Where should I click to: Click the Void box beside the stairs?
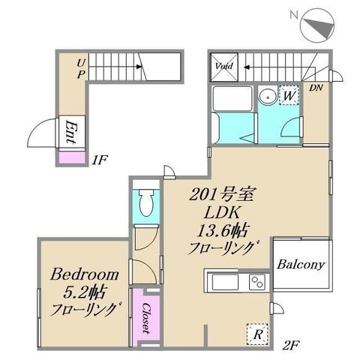pyautogui.click(x=224, y=67)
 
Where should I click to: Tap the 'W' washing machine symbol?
pyautogui.click(x=289, y=95)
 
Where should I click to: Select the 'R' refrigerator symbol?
pyautogui.click(x=257, y=334)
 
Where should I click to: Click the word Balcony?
pyautogui.click(x=301, y=265)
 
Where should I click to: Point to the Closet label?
pyautogui.click(x=146, y=318)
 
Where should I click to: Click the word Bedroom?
pyautogui.click(x=85, y=274)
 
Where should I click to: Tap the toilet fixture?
pyautogui.click(x=146, y=202)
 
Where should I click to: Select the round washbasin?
pyautogui.click(x=268, y=96)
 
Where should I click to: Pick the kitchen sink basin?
pyautogui.click(x=225, y=282)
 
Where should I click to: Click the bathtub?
pyautogui.click(x=232, y=98)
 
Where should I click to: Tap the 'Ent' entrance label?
pyautogui.click(x=71, y=132)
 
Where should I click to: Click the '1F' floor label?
pyautogui.click(x=99, y=160)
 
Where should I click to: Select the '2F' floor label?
pyautogui.click(x=291, y=346)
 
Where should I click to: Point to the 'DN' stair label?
pyautogui.click(x=316, y=88)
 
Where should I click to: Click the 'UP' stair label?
pyautogui.click(x=81, y=69)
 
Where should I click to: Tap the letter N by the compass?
pyautogui.click(x=294, y=15)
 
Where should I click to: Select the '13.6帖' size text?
pyautogui.click(x=223, y=231)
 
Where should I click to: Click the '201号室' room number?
pyautogui.click(x=221, y=195)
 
